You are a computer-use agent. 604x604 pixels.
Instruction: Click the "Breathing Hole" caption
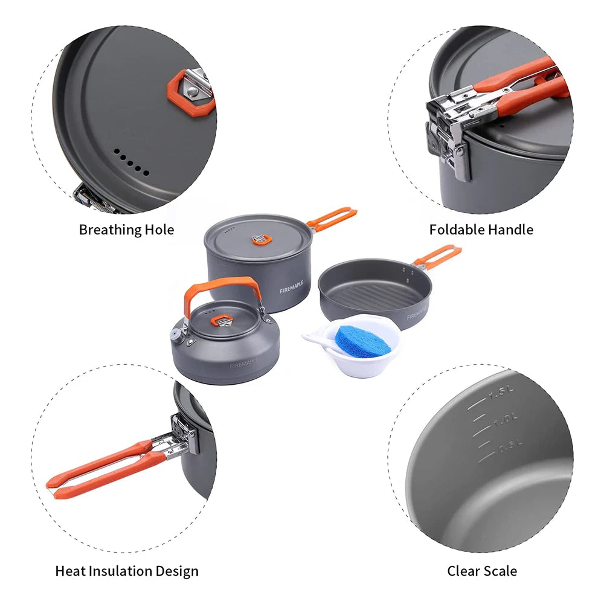(126, 230)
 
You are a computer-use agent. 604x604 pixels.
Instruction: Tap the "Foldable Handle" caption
(481, 230)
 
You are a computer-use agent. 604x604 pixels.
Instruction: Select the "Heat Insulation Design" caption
(127, 571)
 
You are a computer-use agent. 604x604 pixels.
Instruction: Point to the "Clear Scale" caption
(482, 571)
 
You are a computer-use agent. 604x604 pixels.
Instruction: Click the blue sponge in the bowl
(355, 341)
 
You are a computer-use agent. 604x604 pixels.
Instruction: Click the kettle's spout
(177, 331)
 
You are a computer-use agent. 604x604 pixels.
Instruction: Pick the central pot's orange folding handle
(332, 217)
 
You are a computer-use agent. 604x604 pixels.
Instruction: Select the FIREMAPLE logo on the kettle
(244, 364)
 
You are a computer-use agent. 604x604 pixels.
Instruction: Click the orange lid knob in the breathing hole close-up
(190, 92)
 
